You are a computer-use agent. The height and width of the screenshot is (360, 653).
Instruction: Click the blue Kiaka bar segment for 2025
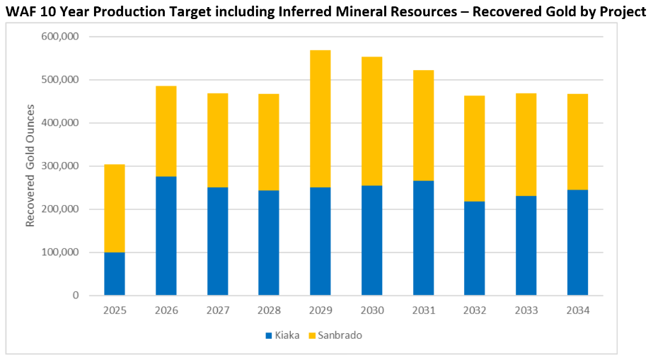point(115,274)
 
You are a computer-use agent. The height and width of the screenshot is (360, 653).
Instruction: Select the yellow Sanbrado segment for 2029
point(320,119)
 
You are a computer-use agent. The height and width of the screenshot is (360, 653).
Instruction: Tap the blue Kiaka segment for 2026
point(166,236)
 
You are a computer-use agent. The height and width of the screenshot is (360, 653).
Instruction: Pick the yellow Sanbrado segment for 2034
point(577,141)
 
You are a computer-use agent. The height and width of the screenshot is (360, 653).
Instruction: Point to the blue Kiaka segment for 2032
point(475,248)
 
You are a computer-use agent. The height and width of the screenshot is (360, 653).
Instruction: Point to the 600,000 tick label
point(59,37)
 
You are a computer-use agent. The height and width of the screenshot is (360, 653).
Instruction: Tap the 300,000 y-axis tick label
point(59,166)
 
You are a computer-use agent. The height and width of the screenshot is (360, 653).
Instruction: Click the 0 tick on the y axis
point(75,296)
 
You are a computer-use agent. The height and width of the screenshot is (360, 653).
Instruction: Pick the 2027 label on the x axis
point(217,310)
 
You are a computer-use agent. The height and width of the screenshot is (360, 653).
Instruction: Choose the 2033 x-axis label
point(526,310)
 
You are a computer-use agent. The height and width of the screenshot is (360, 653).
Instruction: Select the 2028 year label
point(269,310)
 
